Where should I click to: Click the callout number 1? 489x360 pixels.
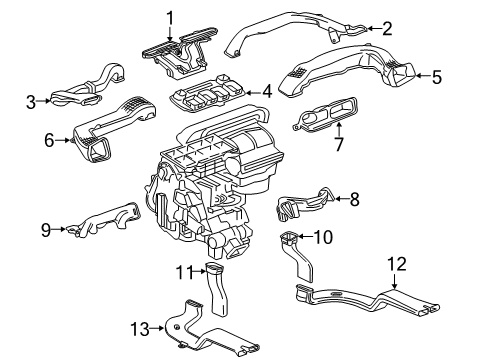[x=170, y=16]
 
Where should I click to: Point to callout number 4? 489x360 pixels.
[x=266, y=91]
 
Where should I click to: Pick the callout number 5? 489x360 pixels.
[x=435, y=74]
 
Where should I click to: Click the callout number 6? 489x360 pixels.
[x=47, y=141]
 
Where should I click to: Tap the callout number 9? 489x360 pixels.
[x=46, y=229]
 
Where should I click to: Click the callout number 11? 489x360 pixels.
[x=183, y=273]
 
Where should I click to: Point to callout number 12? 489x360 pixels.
[x=398, y=264]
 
